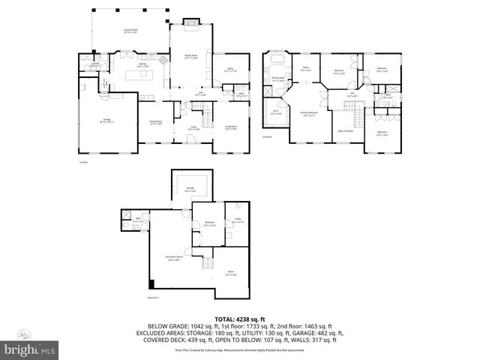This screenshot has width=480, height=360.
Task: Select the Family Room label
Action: point(191,56)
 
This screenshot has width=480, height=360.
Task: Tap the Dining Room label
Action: point(155,122)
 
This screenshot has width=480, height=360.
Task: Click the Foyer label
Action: point(192,128)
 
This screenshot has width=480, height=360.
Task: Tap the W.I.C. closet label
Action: point(275,113)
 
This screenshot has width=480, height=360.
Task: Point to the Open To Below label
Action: point(346,130)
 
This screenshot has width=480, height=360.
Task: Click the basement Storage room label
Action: point(190,189)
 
